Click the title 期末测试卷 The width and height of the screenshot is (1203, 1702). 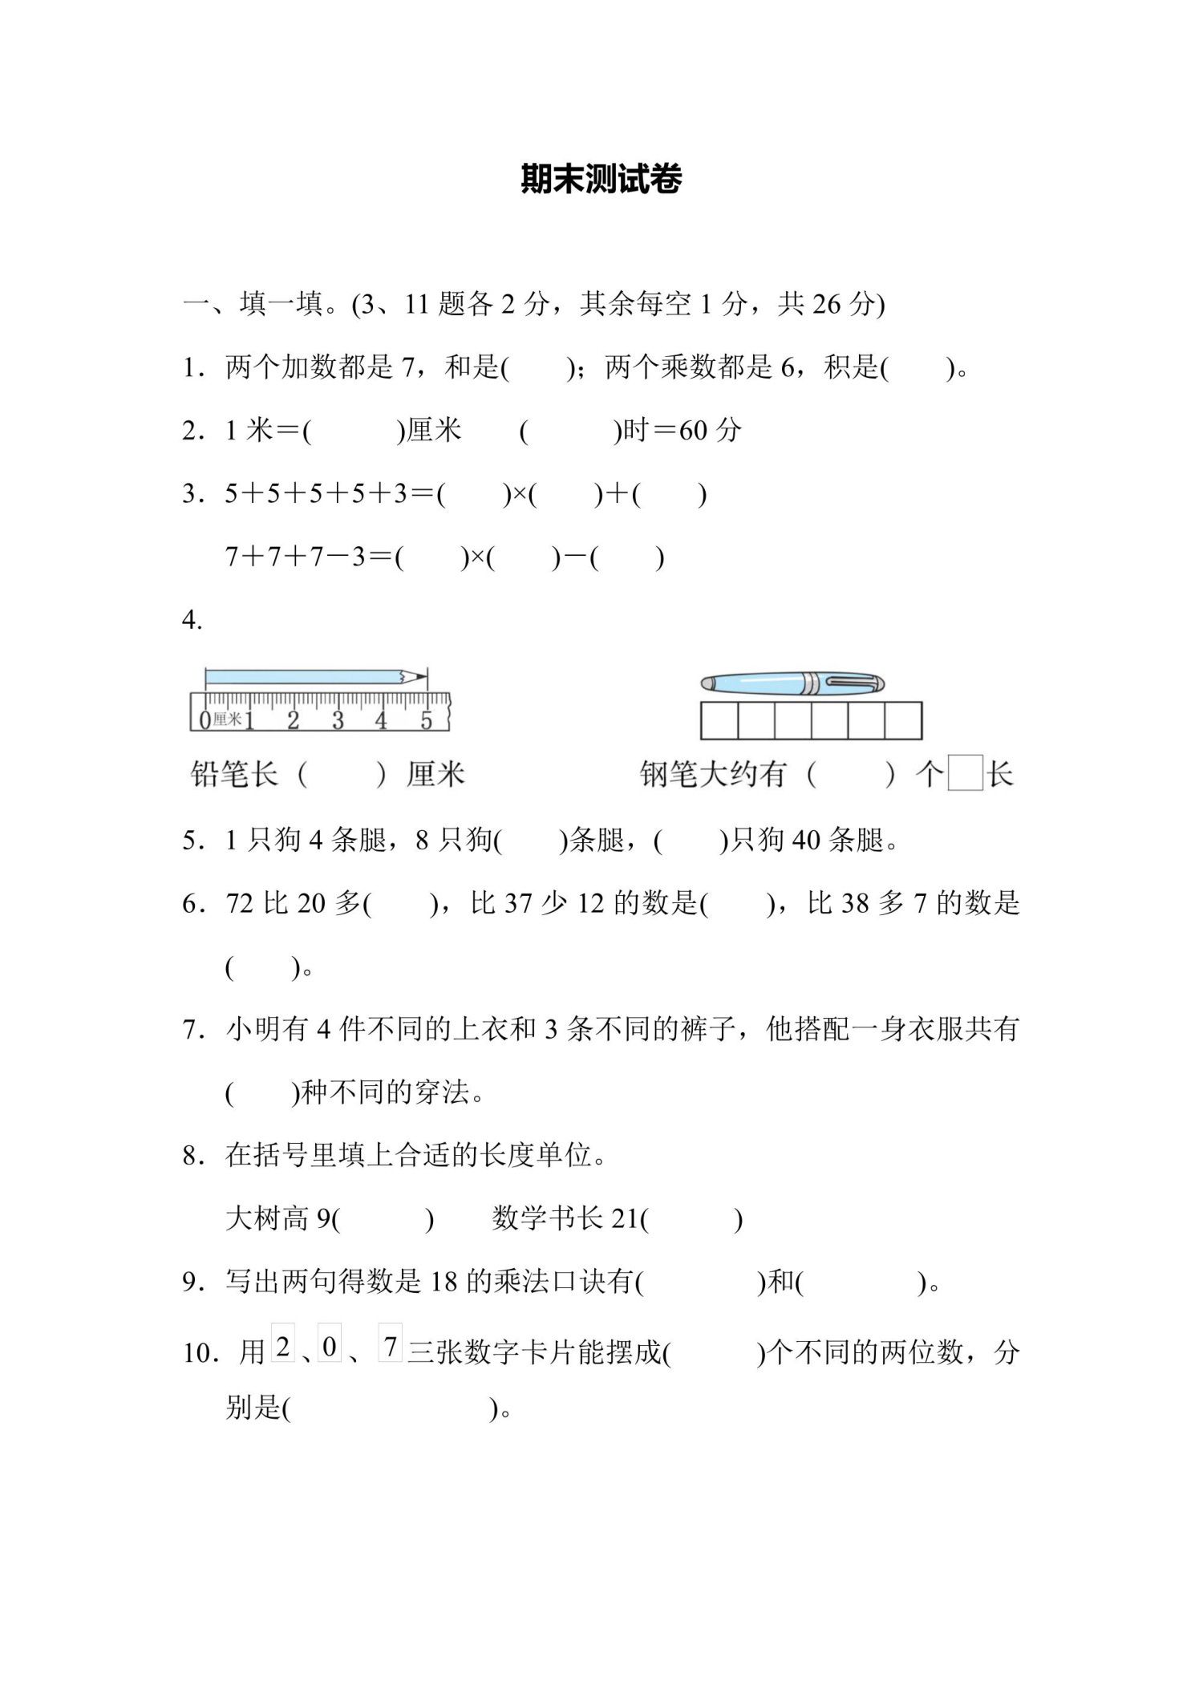(601, 179)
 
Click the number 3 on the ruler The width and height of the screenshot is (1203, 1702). (338, 720)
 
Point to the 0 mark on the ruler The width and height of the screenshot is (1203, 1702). (205, 720)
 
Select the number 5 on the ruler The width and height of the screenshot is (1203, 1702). (426, 720)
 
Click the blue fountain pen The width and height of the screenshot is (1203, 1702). (792, 683)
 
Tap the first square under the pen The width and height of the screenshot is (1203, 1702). (719, 720)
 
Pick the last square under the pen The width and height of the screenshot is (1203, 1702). (903, 720)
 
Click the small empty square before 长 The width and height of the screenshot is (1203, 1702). (965, 773)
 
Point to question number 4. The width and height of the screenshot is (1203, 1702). (192, 620)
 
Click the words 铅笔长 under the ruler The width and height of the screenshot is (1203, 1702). (233, 775)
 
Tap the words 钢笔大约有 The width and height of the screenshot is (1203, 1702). (712, 775)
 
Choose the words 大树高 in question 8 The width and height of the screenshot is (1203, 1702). (267, 1219)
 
